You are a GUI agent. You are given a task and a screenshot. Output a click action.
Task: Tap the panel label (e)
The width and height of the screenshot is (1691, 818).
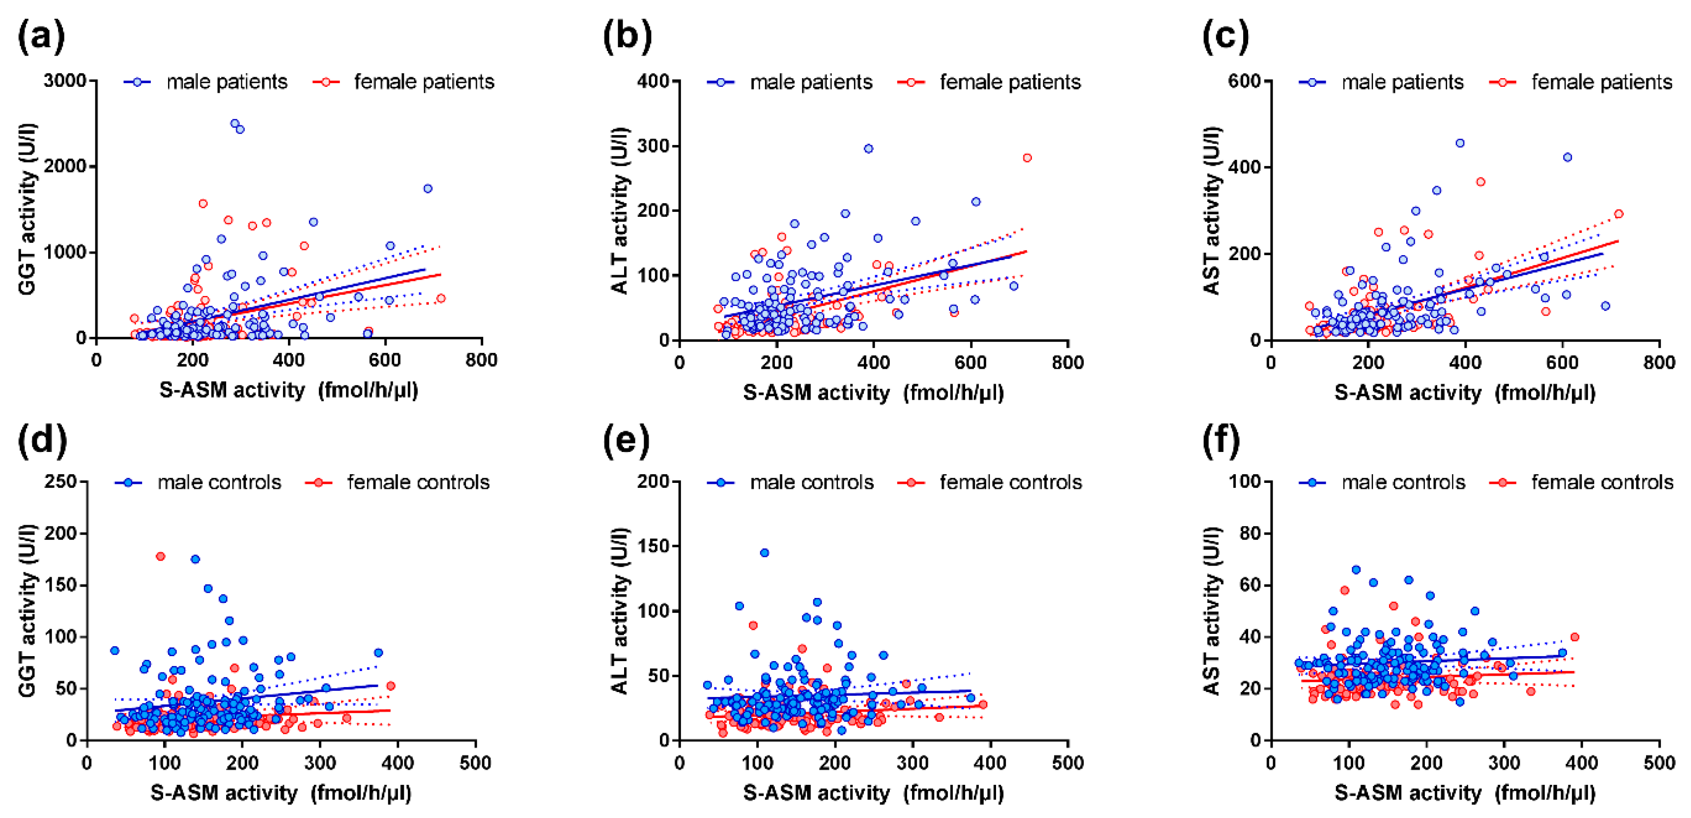(625, 440)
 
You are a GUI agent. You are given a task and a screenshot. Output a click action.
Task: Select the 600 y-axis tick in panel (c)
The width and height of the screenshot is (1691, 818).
(1245, 81)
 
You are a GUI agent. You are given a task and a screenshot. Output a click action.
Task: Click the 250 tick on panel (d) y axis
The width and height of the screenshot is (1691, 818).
(60, 482)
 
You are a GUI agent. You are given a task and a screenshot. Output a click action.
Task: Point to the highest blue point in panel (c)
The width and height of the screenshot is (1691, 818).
(1460, 143)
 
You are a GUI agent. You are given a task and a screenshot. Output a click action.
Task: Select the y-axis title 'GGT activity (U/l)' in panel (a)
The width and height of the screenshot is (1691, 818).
(28, 209)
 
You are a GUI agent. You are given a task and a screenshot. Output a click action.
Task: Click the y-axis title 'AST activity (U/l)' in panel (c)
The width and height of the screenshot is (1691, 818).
(1212, 210)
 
